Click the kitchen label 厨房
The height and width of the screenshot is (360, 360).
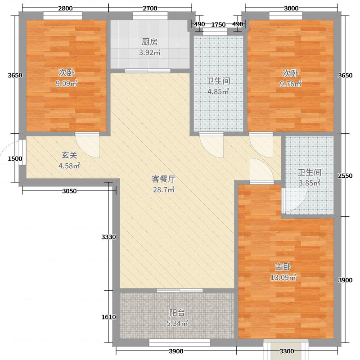[150, 42]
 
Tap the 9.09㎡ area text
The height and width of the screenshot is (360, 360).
[67, 83]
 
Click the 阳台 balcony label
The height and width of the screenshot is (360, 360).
[177, 313]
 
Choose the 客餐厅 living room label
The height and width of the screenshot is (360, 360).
[162, 178]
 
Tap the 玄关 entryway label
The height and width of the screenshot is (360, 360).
[69, 155]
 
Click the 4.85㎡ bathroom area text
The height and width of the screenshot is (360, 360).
[218, 92]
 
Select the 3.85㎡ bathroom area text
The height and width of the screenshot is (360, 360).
[309, 183]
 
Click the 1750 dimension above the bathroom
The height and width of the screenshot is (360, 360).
[218, 24]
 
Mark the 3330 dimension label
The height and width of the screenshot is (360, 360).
[109, 237]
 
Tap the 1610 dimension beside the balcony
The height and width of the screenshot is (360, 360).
[109, 317]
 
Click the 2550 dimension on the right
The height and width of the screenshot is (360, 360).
[345, 175]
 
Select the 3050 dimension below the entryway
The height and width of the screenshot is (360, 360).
[69, 191]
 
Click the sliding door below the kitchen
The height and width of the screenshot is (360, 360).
[148, 71]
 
